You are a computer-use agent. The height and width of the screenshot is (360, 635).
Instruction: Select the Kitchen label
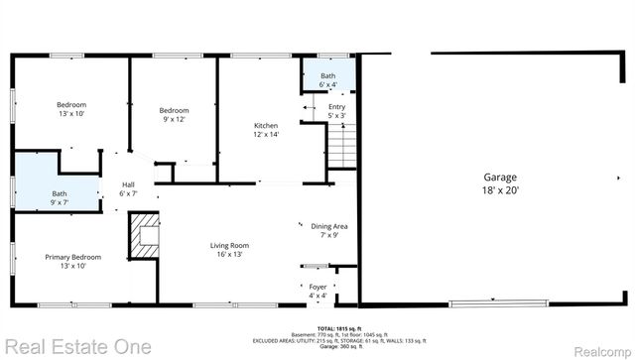[x=266, y=125]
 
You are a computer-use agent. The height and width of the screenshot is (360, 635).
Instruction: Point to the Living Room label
[x=228, y=245]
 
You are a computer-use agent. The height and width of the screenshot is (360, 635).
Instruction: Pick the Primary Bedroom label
[x=72, y=257]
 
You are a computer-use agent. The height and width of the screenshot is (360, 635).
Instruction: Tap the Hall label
[x=128, y=184]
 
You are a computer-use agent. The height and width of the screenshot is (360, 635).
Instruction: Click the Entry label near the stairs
[x=337, y=107]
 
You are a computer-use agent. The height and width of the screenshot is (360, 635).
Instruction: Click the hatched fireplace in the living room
[x=145, y=237]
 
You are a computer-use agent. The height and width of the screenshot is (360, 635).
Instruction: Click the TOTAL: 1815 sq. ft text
[x=339, y=328]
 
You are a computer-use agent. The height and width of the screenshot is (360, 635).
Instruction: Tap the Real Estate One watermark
[x=76, y=347]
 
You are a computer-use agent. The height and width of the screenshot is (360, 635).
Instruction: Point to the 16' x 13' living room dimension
[x=228, y=255]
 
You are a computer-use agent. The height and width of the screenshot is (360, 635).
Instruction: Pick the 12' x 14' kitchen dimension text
[x=266, y=135]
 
